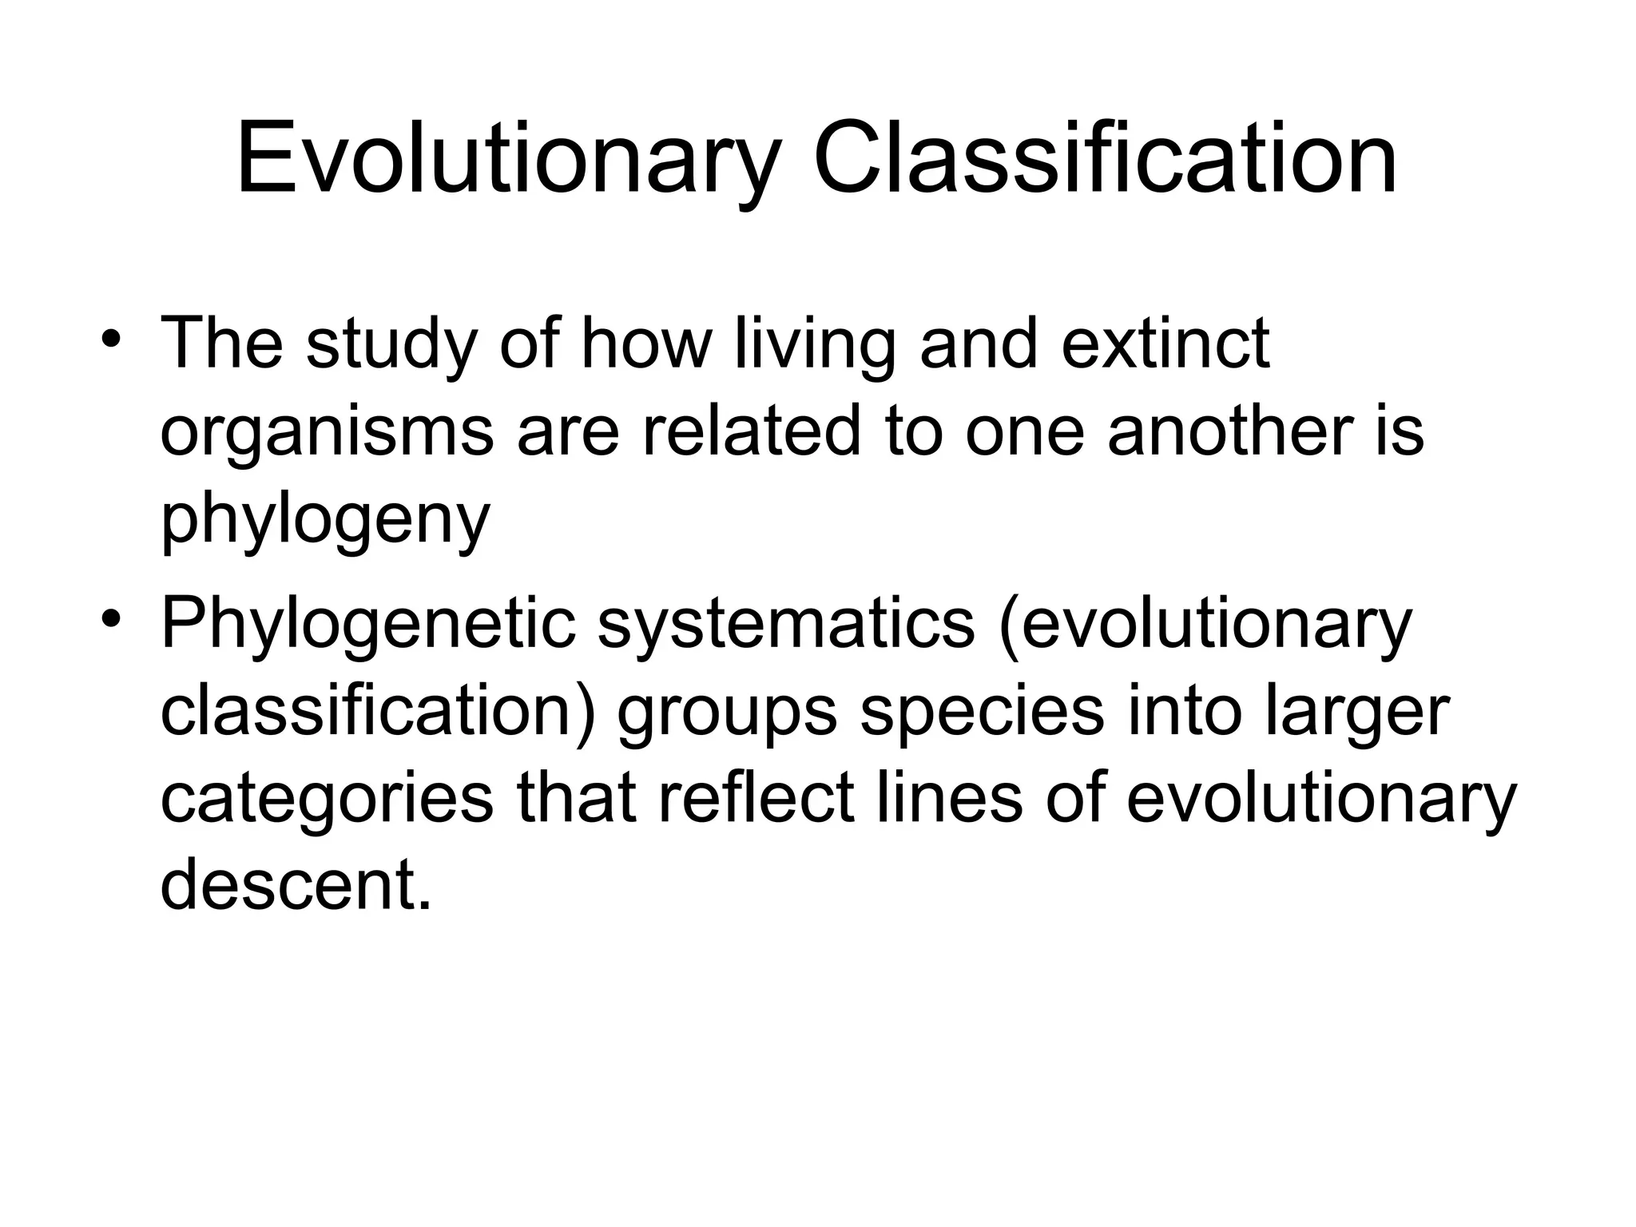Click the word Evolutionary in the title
pos(506,159)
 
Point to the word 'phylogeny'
pos(324,519)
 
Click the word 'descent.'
pos(296,885)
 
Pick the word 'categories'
pos(327,799)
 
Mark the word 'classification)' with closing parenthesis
pos(379,712)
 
